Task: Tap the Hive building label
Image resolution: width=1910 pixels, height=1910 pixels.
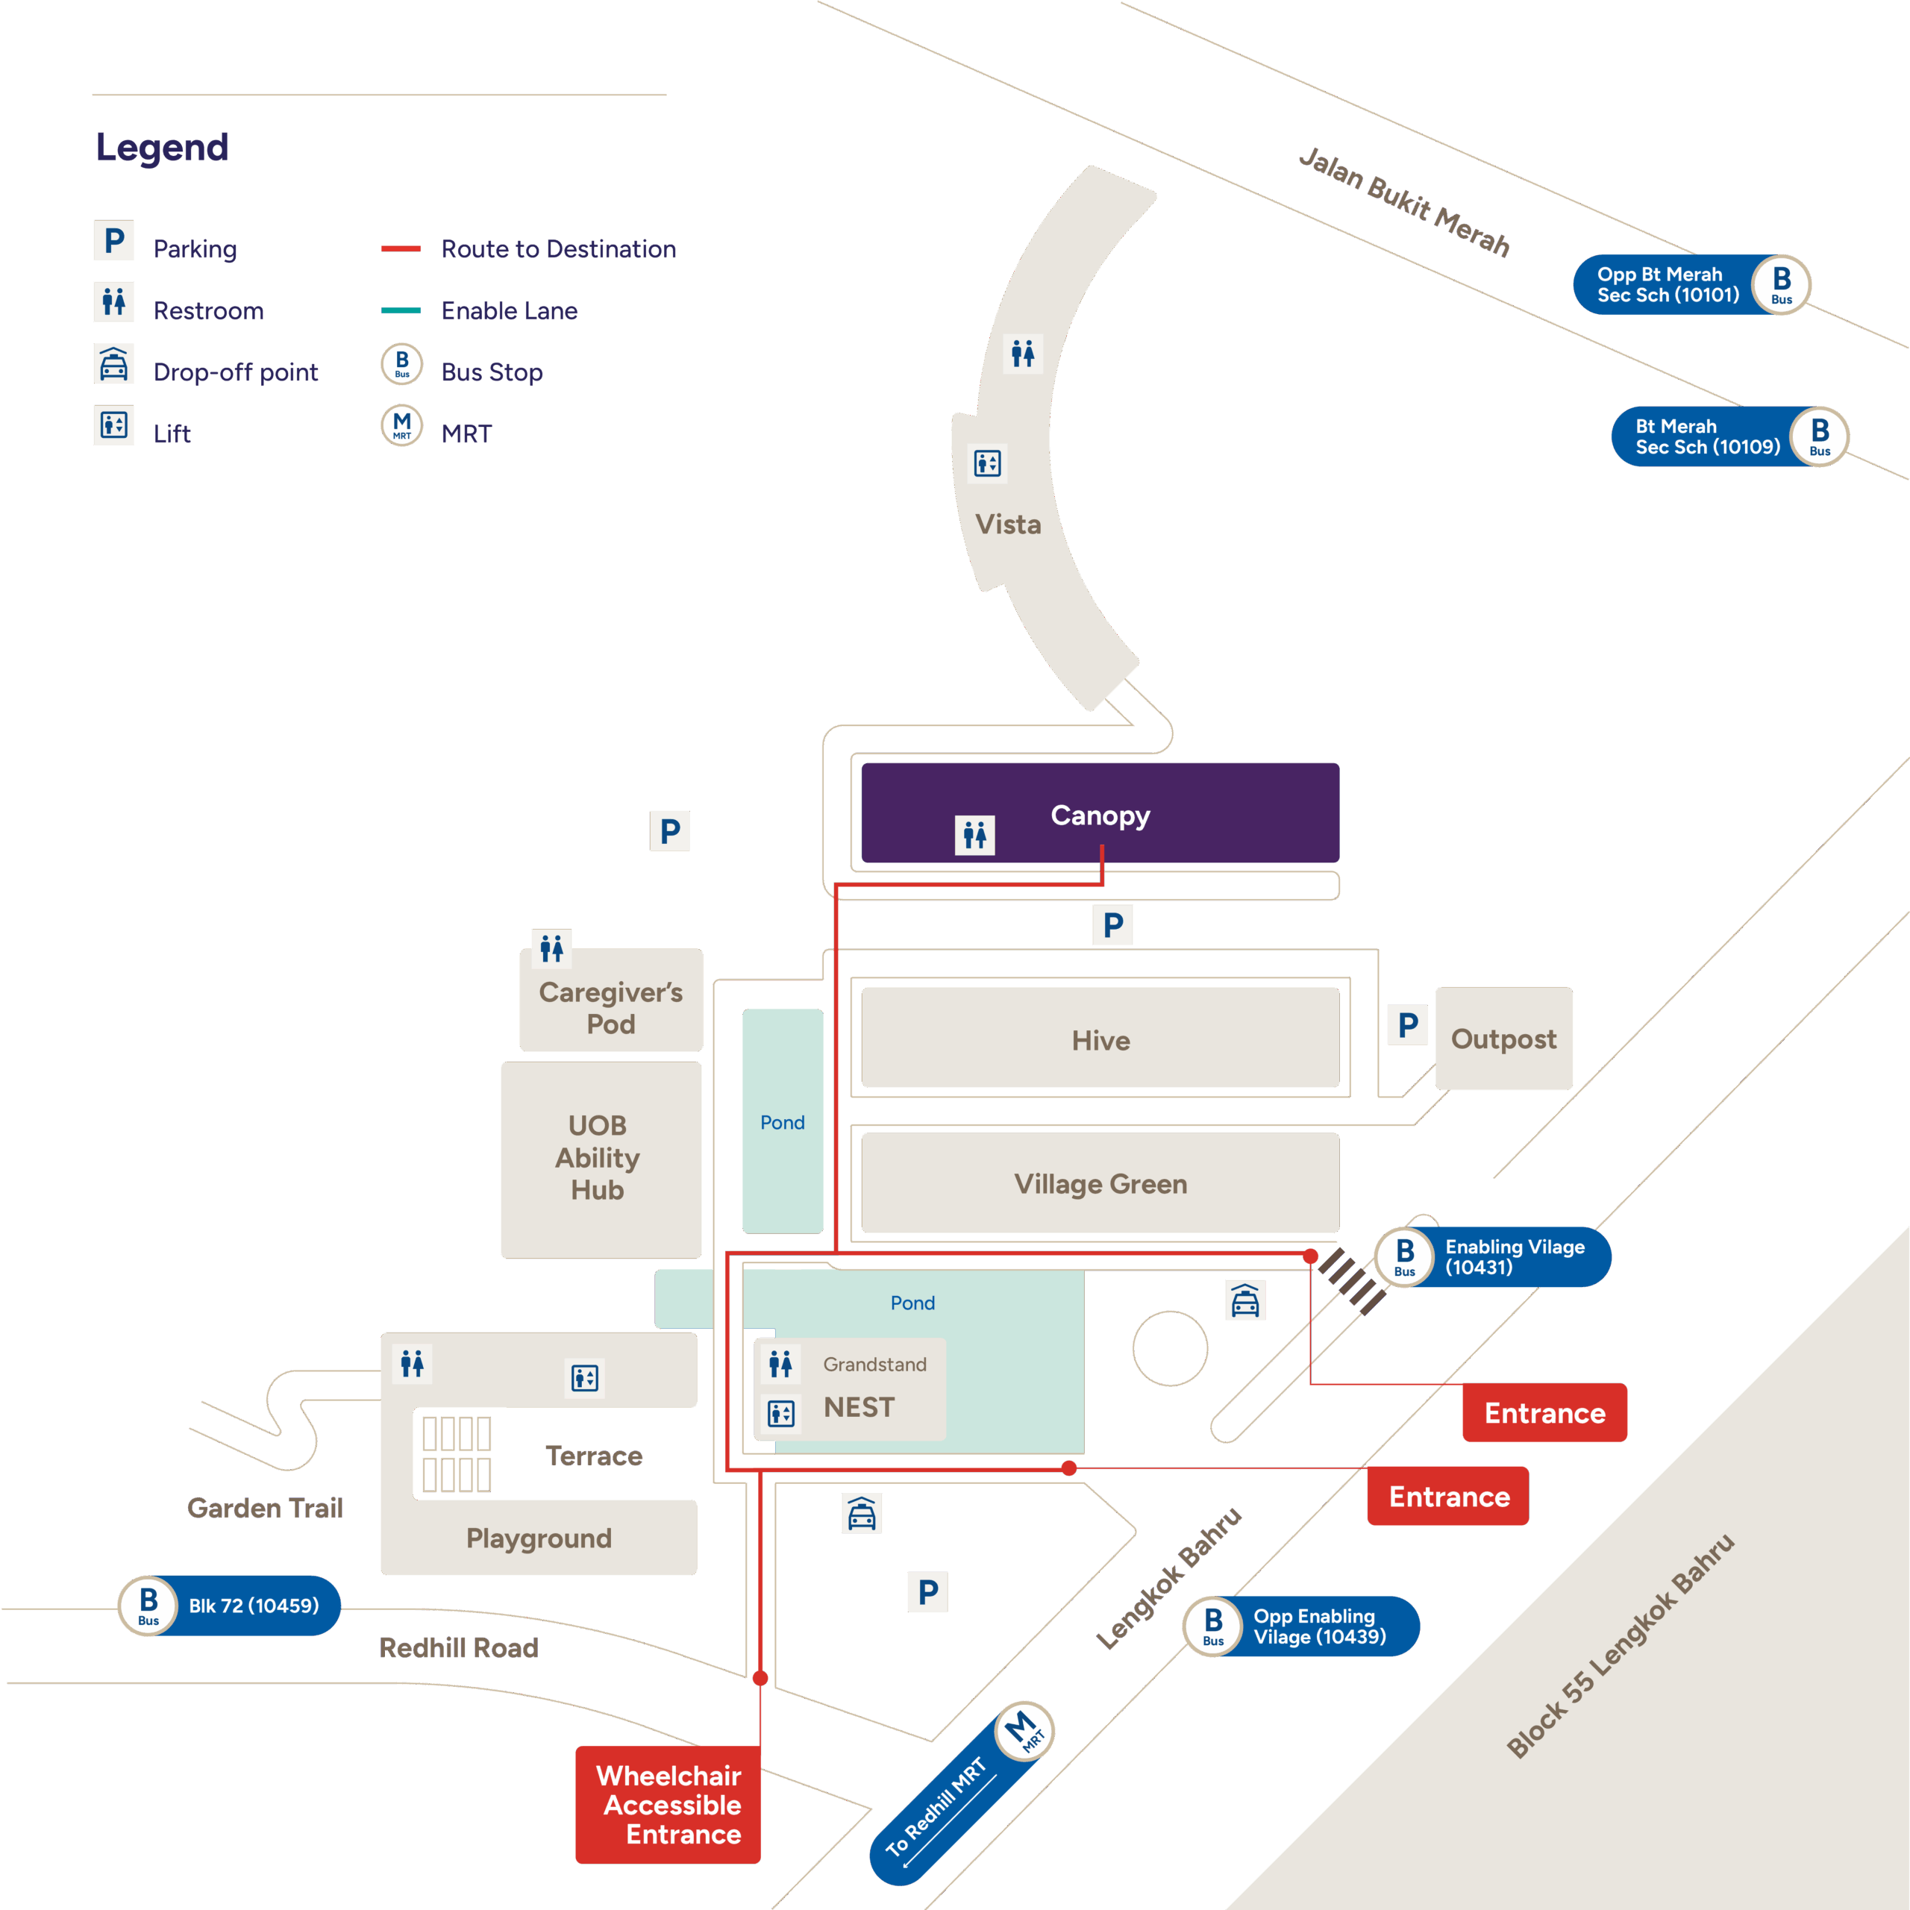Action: (x=1100, y=1040)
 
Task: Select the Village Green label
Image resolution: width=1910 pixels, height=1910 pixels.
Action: (x=1100, y=1183)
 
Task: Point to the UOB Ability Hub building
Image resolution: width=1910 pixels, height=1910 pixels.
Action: (x=598, y=1158)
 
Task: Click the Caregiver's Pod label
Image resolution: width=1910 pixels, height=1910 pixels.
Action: (x=611, y=1007)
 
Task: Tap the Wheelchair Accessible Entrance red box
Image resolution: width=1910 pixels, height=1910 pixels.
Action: (x=668, y=1804)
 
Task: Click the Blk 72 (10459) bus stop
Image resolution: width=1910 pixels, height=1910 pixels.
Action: (x=231, y=1606)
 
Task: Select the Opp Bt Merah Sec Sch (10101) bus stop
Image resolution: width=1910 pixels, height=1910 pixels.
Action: (x=1691, y=285)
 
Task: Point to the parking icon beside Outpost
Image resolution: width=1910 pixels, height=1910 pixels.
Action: (x=1408, y=1025)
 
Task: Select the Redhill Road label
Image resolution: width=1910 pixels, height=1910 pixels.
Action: (x=459, y=1648)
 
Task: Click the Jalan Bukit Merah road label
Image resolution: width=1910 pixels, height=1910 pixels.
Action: (x=1404, y=201)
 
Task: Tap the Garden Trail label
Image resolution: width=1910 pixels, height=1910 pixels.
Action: (x=265, y=1508)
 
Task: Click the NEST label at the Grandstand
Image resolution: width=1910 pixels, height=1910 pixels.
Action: (x=859, y=1407)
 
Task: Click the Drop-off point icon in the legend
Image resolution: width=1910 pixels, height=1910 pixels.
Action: (x=113, y=365)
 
